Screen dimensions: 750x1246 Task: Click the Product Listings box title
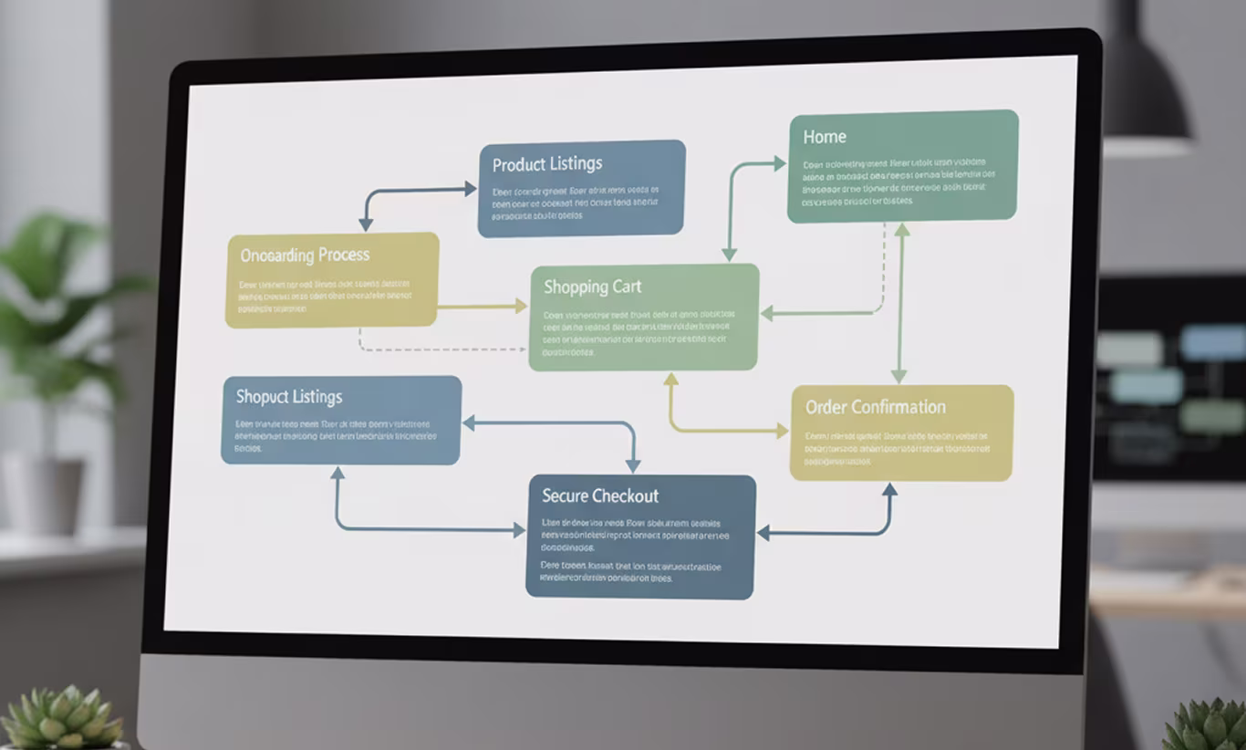pyautogui.click(x=547, y=164)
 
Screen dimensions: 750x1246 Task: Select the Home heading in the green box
pyautogui.click(x=825, y=137)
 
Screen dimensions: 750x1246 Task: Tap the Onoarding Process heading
pyautogui.click(x=305, y=255)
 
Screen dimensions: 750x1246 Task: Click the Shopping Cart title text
pyautogui.click(x=593, y=286)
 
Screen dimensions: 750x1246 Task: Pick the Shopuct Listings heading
pyautogui.click(x=289, y=397)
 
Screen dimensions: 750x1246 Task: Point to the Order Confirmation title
pyautogui.click(x=875, y=407)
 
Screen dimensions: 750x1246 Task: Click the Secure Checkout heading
pyautogui.click(x=600, y=496)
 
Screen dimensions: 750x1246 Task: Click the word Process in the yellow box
pyautogui.click(x=338, y=255)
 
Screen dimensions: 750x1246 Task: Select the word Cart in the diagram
pyautogui.click(x=627, y=286)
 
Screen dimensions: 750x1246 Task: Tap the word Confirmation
pyautogui.click(x=898, y=407)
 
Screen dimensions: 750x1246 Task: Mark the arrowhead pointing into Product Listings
pyautogui.click(x=470, y=189)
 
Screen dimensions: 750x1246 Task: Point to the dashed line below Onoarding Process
pyautogui.click(x=438, y=349)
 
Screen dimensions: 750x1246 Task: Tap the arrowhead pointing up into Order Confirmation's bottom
pyautogui.click(x=889, y=490)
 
